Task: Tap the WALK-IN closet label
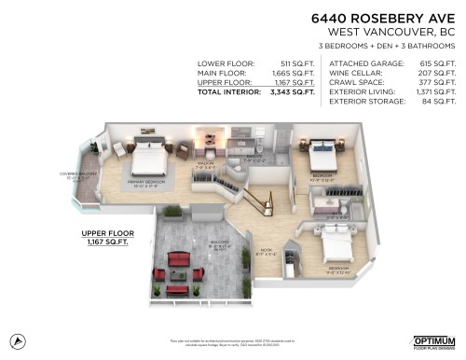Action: (x=203, y=163)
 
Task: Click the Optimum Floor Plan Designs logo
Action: (x=432, y=341)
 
